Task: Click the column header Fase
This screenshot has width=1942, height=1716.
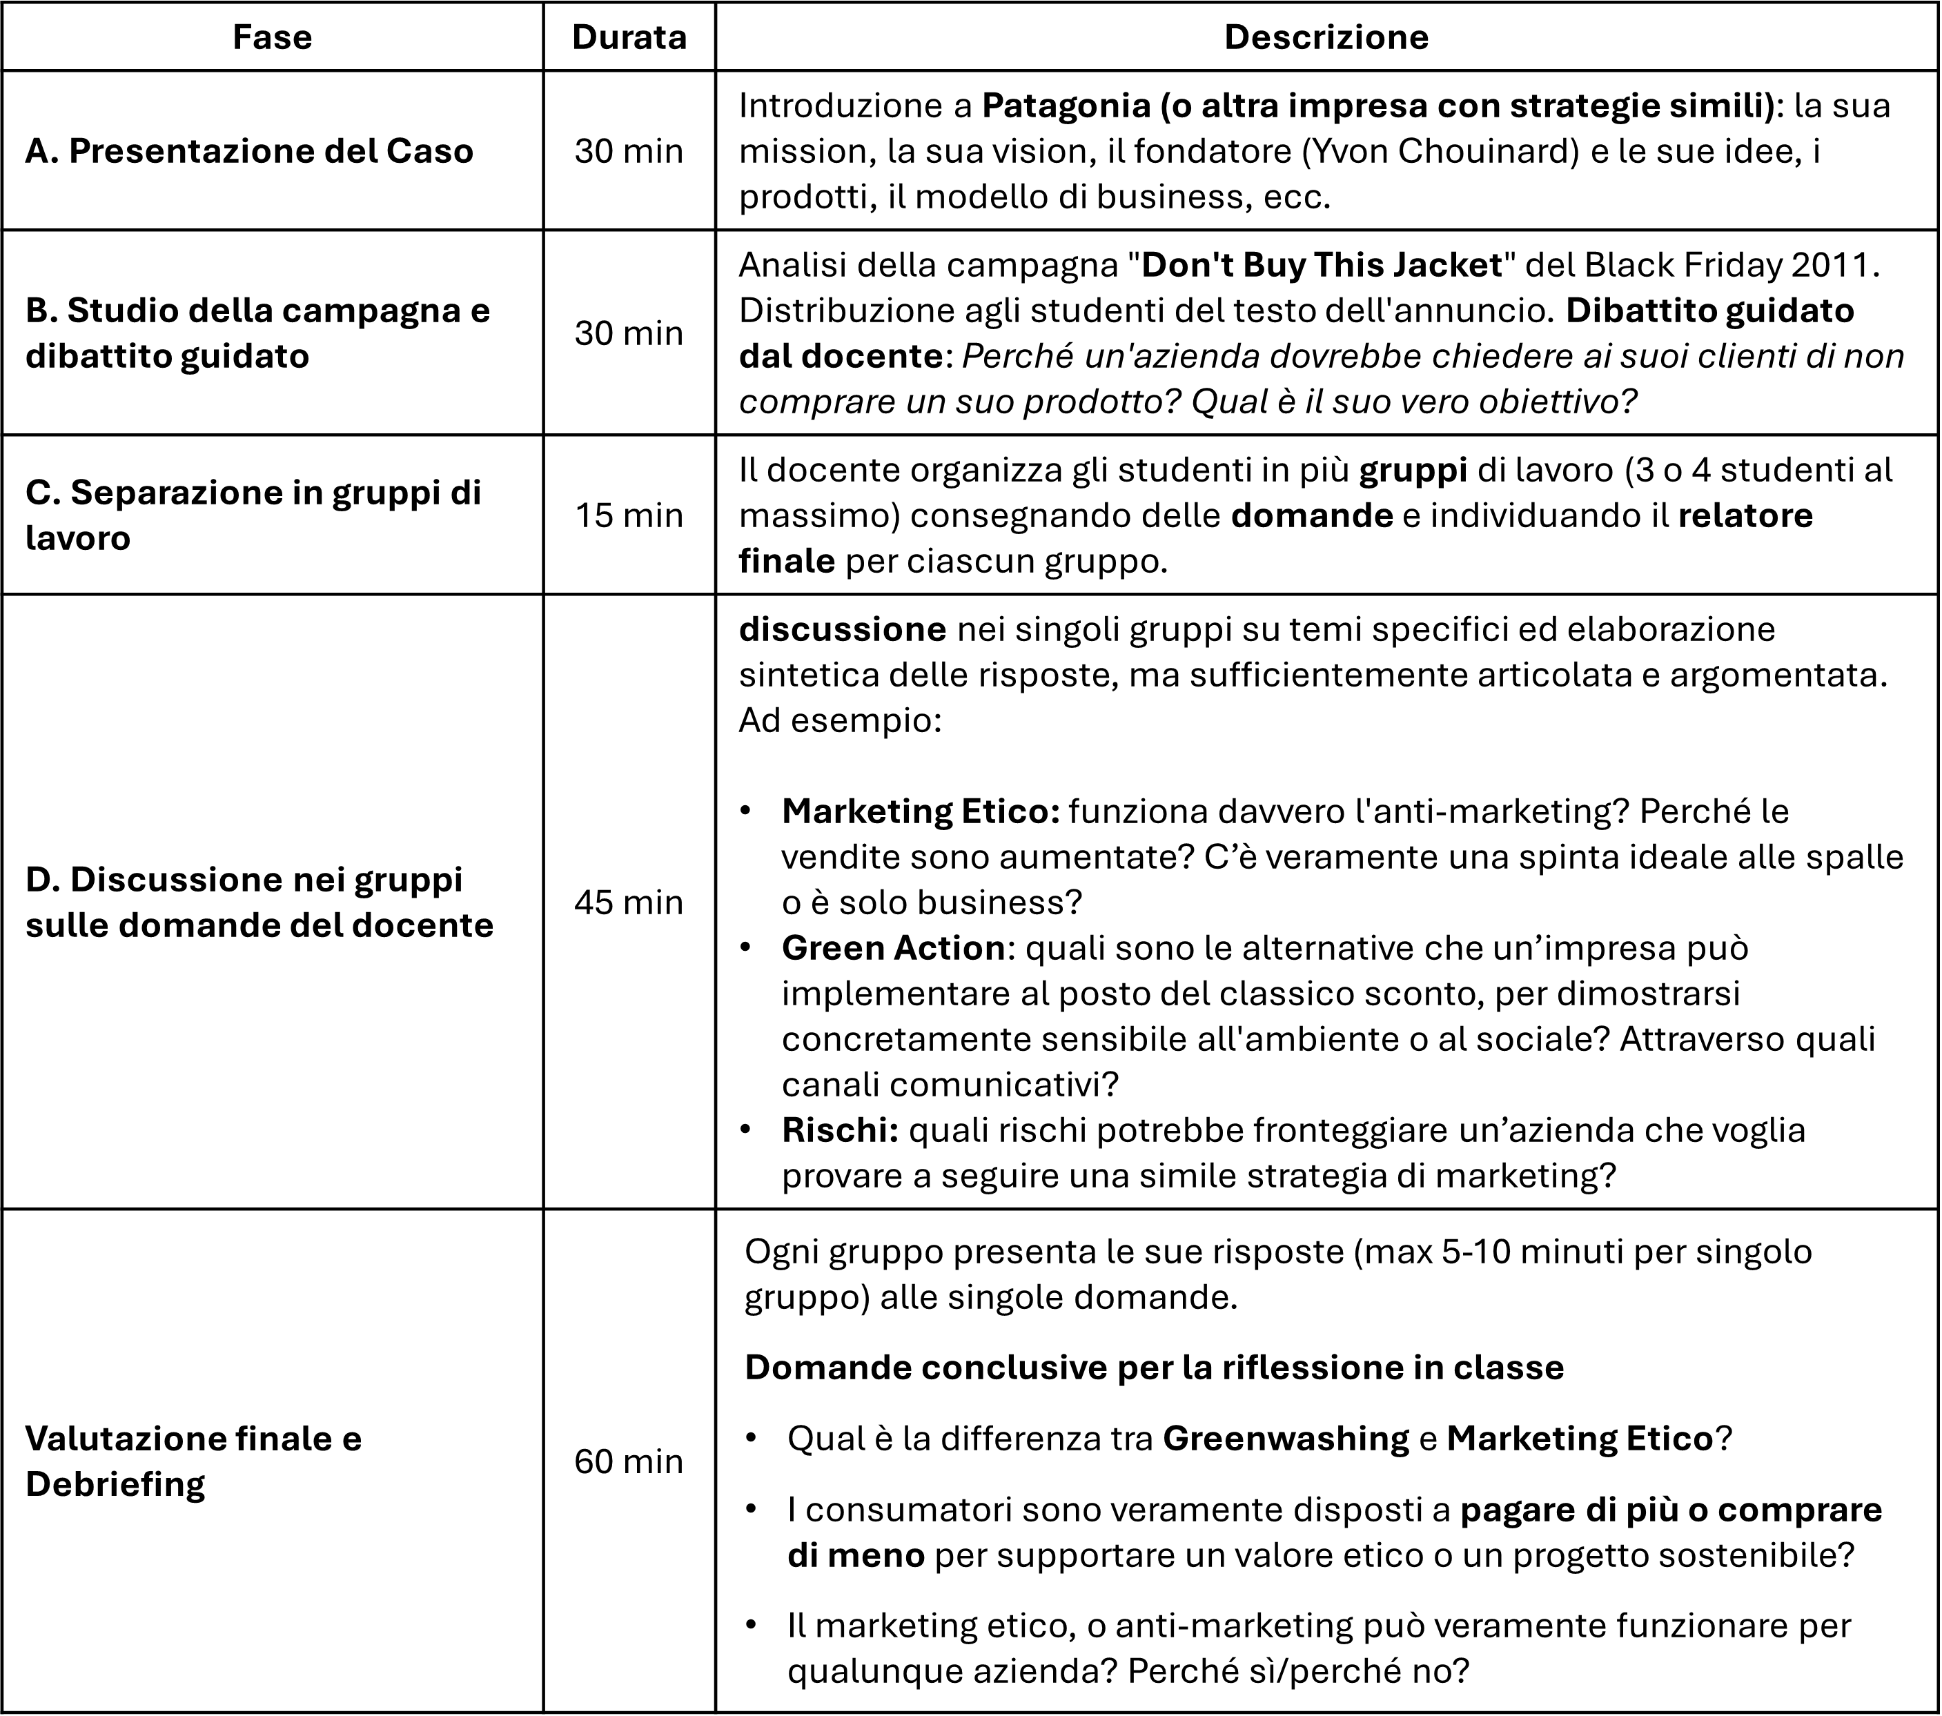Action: point(272,37)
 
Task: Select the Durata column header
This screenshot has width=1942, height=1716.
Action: point(629,37)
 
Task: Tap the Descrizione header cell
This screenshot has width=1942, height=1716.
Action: point(1326,37)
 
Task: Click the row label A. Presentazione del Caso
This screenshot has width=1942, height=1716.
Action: point(249,151)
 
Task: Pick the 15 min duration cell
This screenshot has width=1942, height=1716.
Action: point(629,515)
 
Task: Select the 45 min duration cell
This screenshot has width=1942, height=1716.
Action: point(629,902)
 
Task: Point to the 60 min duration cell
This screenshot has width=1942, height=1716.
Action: point(629,1461)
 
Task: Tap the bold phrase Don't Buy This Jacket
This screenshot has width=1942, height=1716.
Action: point(1322,264)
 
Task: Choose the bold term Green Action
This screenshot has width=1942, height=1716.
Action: point(893,948)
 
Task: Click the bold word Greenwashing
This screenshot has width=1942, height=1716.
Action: point(1286,1439)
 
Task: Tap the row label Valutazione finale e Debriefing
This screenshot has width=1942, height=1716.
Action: point(194,1461)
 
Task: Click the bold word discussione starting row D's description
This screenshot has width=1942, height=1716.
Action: point(843,629)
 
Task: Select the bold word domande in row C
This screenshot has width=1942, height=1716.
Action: point(1311,515)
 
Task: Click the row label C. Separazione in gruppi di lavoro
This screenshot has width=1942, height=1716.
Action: point(253,515)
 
